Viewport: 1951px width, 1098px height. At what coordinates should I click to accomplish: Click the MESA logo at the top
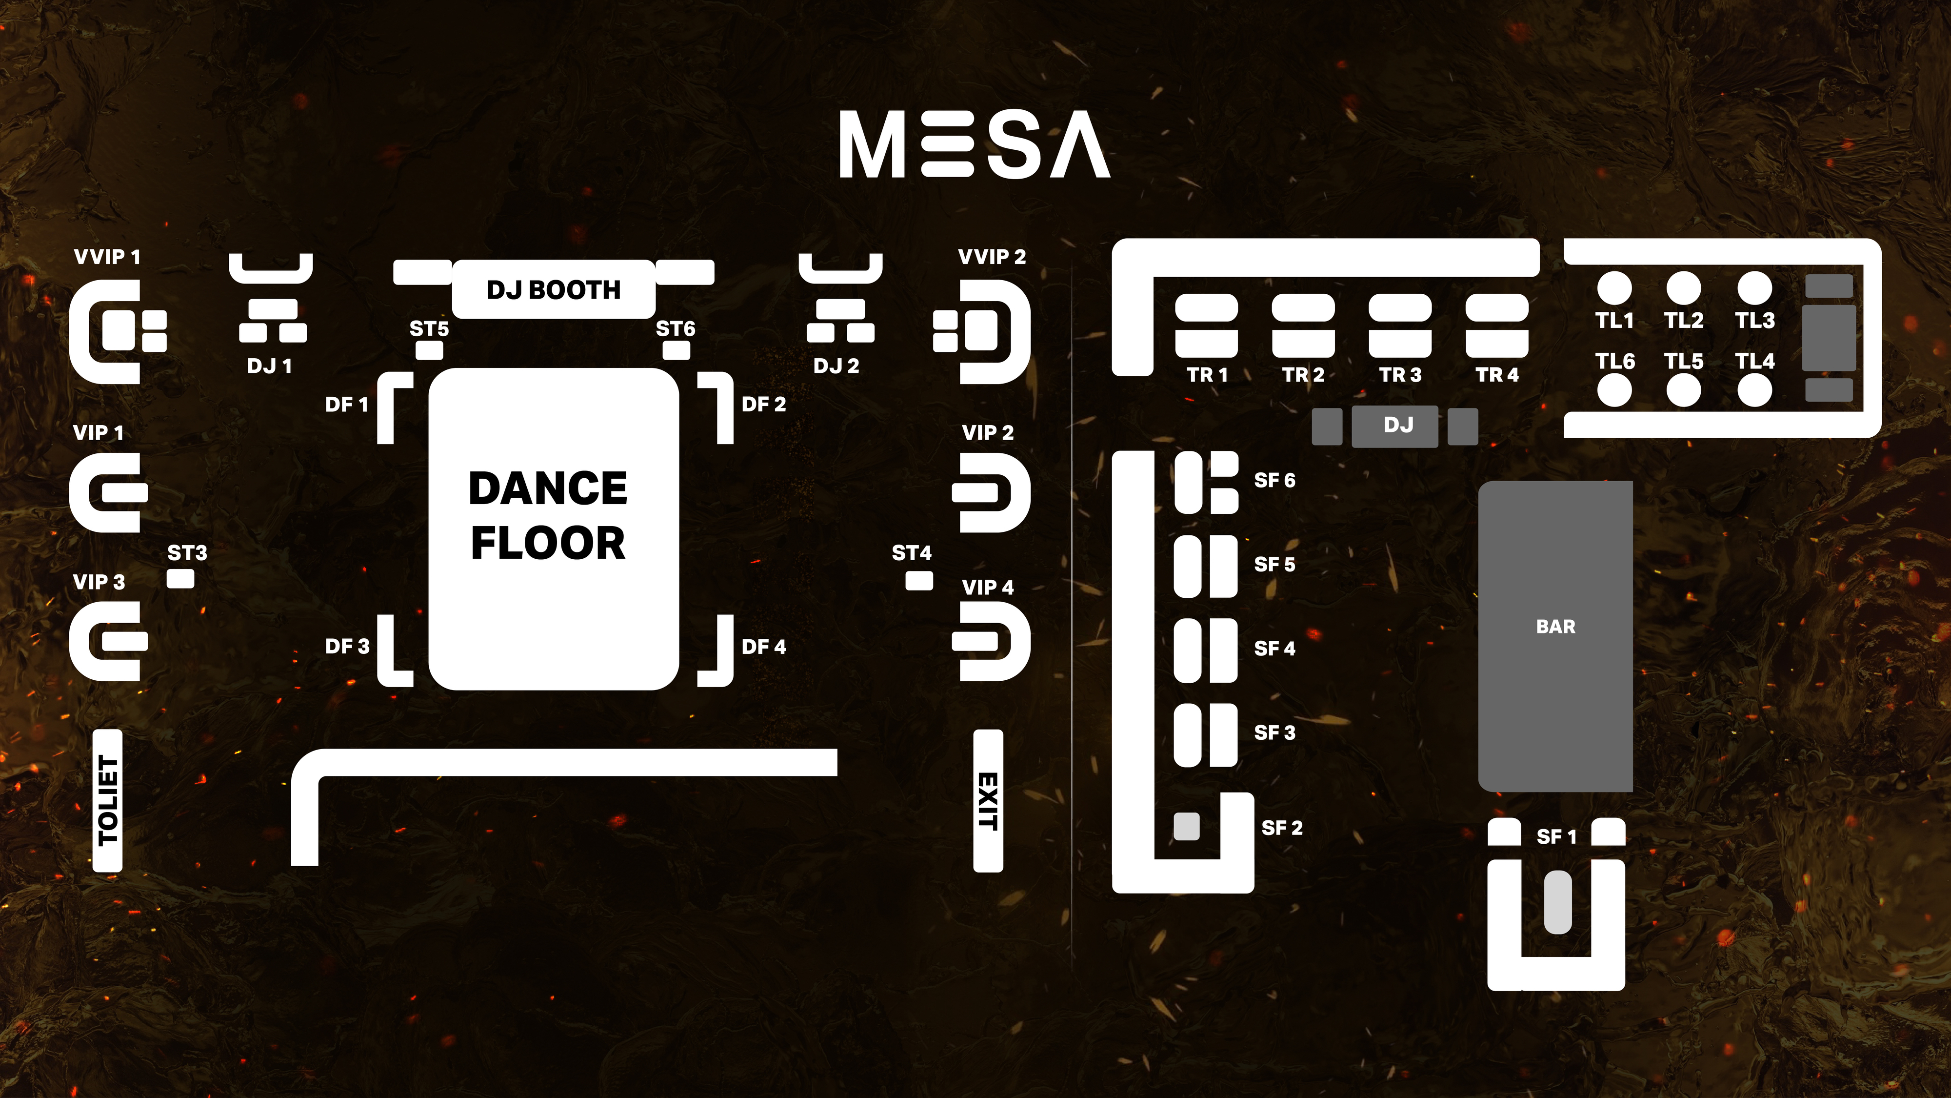(x=974, y=144)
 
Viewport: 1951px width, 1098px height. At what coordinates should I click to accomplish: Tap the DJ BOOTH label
(x=553, y=289)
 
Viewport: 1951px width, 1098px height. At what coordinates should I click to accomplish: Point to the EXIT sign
(x=988, y=800)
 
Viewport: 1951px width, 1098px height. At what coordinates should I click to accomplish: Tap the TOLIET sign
(x=107, y=800)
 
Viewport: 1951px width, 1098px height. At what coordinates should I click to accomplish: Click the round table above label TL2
(x=1683, y=287)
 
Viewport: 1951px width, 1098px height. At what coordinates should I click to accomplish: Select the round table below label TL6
(x=1614, y=391)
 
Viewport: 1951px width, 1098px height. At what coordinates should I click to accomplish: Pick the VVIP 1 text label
(x=107, y=257)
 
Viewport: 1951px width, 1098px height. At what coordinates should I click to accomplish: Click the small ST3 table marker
(x=180, y=579)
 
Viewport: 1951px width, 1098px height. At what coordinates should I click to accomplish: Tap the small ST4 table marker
(x=919, y=580)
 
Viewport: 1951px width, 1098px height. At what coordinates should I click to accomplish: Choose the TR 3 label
(x=1400, y=375)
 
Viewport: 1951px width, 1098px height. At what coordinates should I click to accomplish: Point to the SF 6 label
(x=1274, y=480)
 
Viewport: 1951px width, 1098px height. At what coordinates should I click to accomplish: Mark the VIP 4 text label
(x=987, y=587)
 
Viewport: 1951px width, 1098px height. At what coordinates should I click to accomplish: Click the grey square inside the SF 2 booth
(x=1186, y=826)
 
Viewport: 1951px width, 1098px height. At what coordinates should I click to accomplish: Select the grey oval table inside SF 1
(x=1557, y=902)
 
